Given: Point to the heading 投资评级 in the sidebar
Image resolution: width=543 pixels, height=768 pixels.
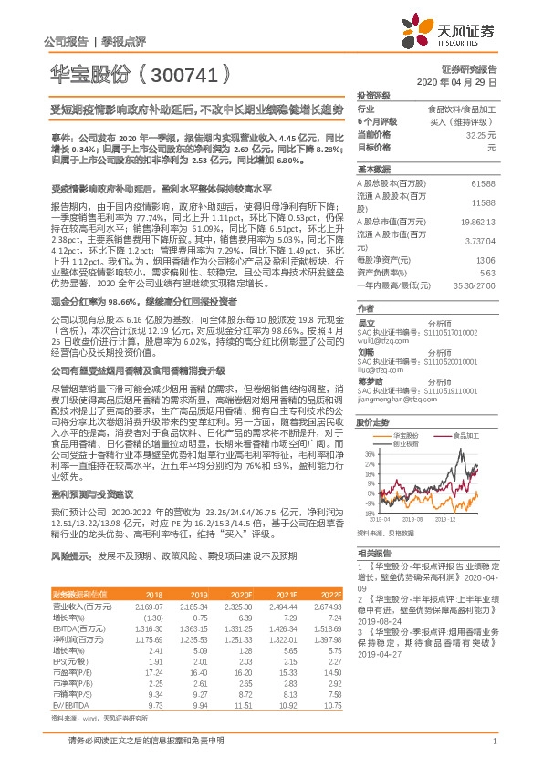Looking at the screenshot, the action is (x=373, y=95).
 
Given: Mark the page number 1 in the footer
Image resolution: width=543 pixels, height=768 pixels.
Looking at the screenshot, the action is (x=493, y=743).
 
